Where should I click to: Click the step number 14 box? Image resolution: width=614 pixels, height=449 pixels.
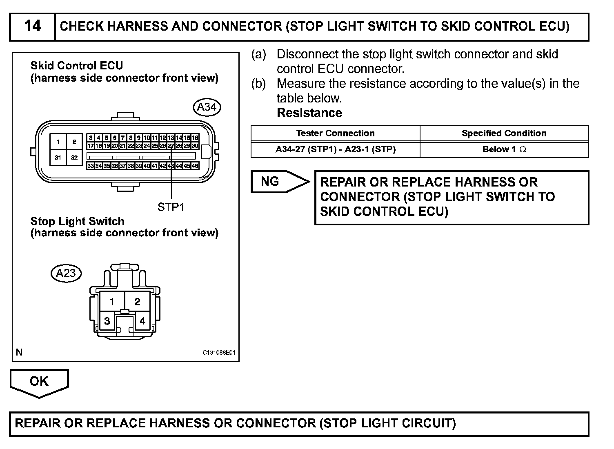32,27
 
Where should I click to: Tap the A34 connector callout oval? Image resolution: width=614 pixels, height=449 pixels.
207,107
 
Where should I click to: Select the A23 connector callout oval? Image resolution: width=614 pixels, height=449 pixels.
66,273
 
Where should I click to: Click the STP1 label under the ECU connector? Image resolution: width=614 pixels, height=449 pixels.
171,207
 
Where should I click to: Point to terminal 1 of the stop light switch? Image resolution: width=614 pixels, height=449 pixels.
112,302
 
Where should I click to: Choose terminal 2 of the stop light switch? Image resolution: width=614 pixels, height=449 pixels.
137,302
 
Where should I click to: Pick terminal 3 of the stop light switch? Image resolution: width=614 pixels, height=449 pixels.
107,321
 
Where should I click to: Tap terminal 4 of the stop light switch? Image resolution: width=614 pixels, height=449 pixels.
142,321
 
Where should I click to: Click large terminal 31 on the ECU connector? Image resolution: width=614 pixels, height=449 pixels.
58,157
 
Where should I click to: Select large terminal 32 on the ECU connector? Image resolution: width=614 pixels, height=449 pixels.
74,157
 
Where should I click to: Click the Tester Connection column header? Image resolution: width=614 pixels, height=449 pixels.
335,133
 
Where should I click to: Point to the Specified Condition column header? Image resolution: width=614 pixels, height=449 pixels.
504,133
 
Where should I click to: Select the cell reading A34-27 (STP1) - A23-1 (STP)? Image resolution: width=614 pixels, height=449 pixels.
335,149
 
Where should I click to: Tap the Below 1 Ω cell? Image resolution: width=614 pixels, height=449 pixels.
504,149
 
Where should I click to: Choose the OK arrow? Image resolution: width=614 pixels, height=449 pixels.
39,382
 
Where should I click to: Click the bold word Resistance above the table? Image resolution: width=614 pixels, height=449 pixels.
309,113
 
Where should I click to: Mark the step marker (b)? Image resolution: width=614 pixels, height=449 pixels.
258,84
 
